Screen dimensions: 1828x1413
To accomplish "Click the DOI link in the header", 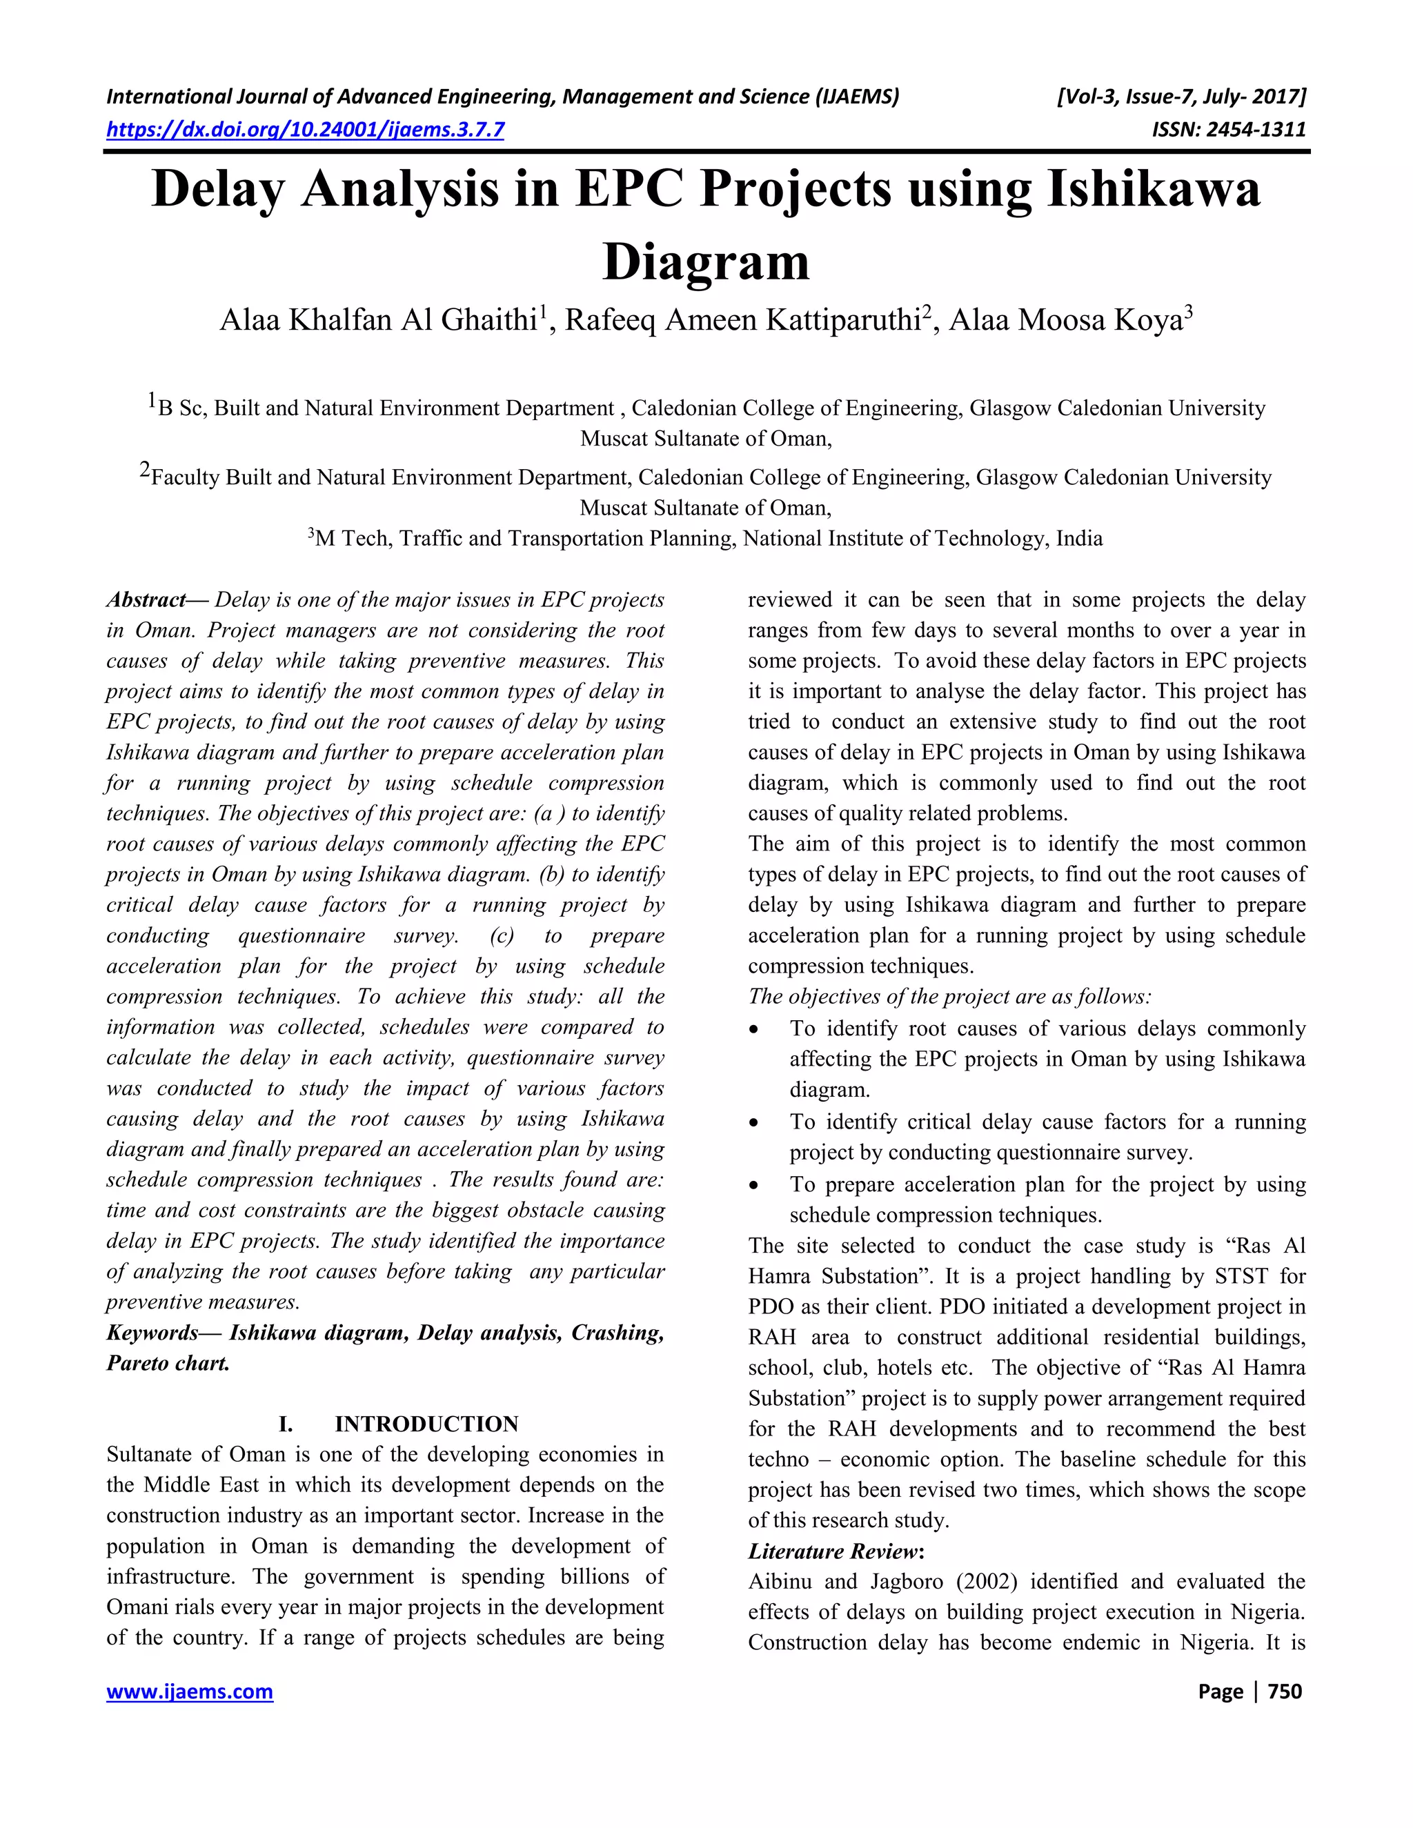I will (306, 129).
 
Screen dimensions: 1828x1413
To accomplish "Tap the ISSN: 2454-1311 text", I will (1228, 129).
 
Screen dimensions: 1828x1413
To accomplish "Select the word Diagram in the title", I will (706, 261).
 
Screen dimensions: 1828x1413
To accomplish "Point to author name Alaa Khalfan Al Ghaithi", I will (377, 321).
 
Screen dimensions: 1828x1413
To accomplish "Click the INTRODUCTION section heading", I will (426, 1424).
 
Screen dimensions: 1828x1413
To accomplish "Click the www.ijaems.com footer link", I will (190, 1691).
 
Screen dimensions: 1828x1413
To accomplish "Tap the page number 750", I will (1285, 1691).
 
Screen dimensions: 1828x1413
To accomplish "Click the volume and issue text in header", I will (1181, 97).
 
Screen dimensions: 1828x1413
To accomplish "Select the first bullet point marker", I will (754, 1029).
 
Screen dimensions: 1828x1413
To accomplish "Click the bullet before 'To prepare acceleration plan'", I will (754, 1185).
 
